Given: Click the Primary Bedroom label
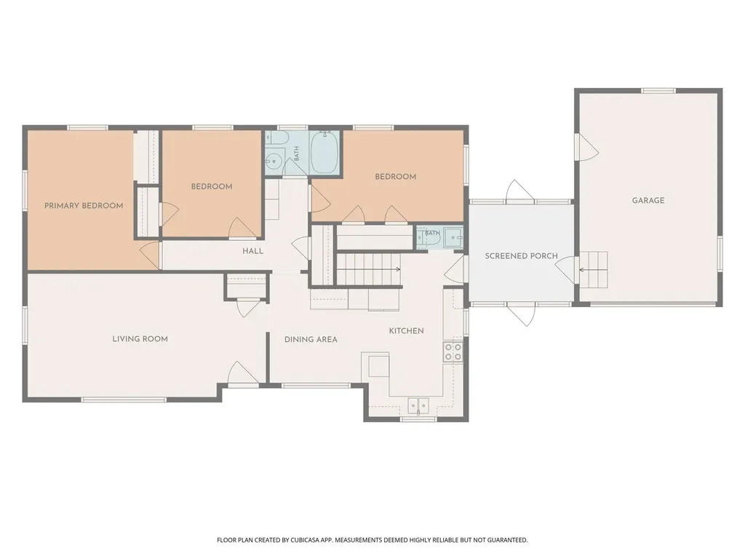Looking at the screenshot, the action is pyautogui.click(x=84, y=206).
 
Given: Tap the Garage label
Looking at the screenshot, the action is pyautogui.click(x=648, y=201).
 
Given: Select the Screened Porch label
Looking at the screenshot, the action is pyautogui.click(x=521, y=256).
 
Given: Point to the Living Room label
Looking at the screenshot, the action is pyautogui.click(x=140, y=339).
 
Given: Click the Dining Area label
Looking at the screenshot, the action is pyautogui.click(x=311, y=340).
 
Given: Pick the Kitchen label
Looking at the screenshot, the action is pyautogui.click(x=406, y=331).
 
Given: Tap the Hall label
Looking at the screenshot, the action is pyautogui.click(x=252, y=251).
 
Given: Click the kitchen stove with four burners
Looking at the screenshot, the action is pyautogui.click(x=453, y=352).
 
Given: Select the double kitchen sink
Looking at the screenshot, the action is pyautogui.click(x=418, y=405).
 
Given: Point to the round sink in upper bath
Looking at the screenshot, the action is pyautogui.click(x=274, y=161).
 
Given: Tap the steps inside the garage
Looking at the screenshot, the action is pyautogui.click(x=594, y=270).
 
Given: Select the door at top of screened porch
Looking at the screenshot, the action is pyautogui.click(x=520, y=191).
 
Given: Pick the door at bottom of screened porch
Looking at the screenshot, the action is pyautogui.click(x=521, y=314).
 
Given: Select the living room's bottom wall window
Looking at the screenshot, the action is pyautogui.click(x=124, y=400).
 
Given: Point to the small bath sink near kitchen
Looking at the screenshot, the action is pyautogui.click(x=454, y=238).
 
